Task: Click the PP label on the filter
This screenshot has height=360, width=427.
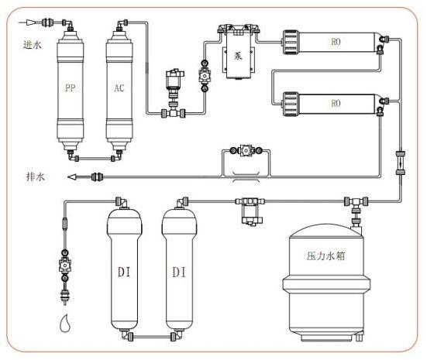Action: click(70, 88)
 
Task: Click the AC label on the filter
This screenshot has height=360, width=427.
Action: click(119, 88)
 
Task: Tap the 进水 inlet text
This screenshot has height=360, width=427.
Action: click(32, 44)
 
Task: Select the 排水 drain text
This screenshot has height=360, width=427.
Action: click(35, 177)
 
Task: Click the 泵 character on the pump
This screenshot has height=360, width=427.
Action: click(238, 56)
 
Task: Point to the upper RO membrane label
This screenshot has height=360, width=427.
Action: click(336, 42)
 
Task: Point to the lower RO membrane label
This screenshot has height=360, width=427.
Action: click(336, 103)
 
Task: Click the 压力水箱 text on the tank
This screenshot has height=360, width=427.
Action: click(325, 256)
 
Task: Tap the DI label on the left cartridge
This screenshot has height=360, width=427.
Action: click(124, 272)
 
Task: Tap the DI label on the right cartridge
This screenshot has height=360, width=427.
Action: click(179, 272)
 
